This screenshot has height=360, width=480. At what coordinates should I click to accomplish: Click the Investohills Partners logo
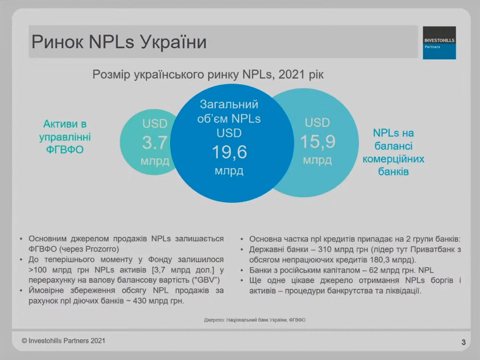coord(439,43)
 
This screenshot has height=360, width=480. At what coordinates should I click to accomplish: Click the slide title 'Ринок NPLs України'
coord(119,42)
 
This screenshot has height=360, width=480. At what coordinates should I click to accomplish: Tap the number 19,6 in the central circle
coord(229,151)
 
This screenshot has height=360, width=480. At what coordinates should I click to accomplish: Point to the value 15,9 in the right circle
coord(317,141)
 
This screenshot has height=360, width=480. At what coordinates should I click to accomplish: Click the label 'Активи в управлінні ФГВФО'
coord(65,136)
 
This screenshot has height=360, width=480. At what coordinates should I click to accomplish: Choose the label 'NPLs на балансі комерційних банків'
coord(393,152)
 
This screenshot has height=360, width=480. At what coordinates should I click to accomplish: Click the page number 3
coord(464,342)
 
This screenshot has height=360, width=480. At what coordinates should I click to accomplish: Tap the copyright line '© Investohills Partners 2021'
coord(63,340)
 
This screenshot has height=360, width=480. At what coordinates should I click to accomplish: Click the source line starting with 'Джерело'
coord(255,320)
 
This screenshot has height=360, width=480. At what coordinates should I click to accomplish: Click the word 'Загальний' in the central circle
coord(229,104)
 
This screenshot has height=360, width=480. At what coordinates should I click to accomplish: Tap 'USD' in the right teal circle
coord(317,123)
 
